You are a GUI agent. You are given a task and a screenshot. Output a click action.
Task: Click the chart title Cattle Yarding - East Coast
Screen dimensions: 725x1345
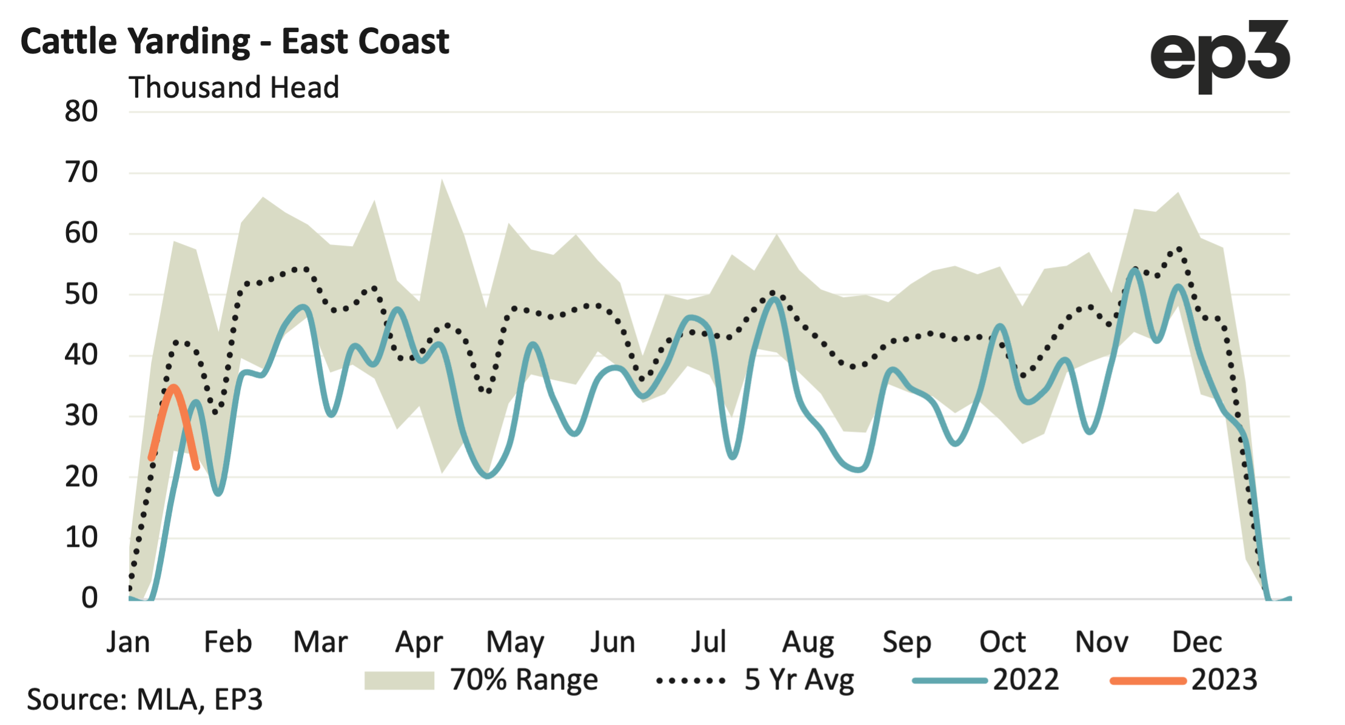coord(235,42)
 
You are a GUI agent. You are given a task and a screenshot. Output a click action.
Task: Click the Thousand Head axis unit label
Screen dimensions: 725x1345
coord(233,87)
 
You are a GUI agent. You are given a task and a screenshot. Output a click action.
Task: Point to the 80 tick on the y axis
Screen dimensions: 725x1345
coord(81,112)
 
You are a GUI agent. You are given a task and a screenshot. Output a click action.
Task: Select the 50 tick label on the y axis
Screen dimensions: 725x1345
coord(81,295)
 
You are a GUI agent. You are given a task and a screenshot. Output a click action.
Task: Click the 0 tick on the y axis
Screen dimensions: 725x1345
coord(89,598)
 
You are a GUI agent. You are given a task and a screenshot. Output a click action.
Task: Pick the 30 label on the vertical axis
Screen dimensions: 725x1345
coord(81,416)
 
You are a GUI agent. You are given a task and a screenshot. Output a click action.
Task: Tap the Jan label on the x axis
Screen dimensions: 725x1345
coord(128,642)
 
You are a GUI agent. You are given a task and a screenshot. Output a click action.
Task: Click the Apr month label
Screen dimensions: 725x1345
coord(418,642)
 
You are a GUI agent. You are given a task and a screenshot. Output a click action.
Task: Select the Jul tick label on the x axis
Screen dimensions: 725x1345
coord(708,642)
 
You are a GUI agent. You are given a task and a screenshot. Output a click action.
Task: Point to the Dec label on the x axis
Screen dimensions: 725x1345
coord(1196,642)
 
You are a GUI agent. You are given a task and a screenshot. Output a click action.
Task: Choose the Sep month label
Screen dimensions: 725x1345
coord(906,642)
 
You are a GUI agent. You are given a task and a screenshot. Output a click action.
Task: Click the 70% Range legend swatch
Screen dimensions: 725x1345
coord(399,681)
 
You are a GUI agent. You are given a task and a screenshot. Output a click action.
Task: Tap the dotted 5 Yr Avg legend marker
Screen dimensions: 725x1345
coord(691,681)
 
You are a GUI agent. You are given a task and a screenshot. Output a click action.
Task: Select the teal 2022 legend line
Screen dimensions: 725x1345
coord(950,681)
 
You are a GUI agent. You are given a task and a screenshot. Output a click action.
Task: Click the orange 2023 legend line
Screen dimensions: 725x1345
coord(1148,681)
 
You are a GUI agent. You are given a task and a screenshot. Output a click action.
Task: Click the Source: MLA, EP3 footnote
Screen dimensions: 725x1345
coord(144,700)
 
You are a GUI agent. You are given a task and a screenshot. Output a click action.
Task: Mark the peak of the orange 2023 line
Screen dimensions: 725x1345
coord(173,387)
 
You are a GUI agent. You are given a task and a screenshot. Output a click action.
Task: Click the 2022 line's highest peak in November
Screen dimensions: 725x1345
coord(1135,270)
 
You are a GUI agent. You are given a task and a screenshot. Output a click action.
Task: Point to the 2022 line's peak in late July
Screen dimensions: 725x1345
coord(774,298)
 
